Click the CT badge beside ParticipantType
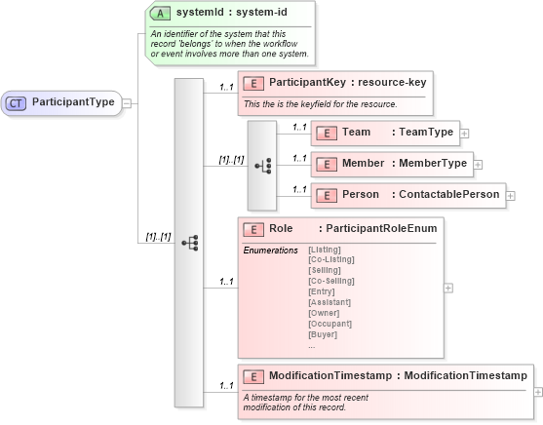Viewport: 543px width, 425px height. pos(19,101)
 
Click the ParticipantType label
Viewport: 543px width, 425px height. pos(73,101)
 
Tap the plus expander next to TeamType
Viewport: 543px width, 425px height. pos(464,133)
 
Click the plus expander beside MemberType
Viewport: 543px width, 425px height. pos(478,164)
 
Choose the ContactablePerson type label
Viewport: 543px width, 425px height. pos(447,195)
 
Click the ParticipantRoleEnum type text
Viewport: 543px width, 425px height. pos(381,228)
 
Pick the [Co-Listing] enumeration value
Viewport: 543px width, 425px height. pos(331,259)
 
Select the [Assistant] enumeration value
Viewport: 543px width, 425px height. pos(330,302)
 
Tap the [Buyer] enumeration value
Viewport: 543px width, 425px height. pos(323,334)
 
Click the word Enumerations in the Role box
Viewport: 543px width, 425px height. pos(270,250)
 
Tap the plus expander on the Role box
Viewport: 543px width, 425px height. pos(447,288)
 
